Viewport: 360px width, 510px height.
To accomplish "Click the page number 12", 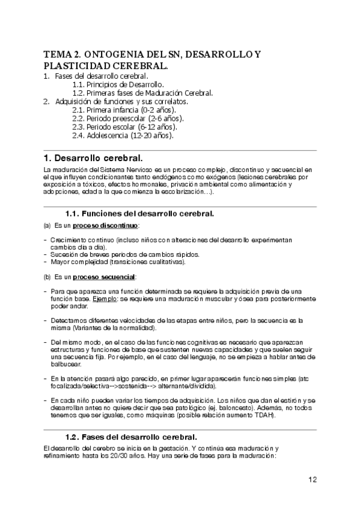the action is pyautogui.click(x=313, y=479).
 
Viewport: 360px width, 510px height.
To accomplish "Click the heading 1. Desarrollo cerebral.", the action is pyautogui.click(x=93, y=159).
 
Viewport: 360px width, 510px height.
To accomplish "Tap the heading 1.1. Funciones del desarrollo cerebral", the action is pyautogui.click(x=139, y=214).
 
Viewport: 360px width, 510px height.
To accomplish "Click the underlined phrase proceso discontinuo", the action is pyautogui.click(x=106, y=226).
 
